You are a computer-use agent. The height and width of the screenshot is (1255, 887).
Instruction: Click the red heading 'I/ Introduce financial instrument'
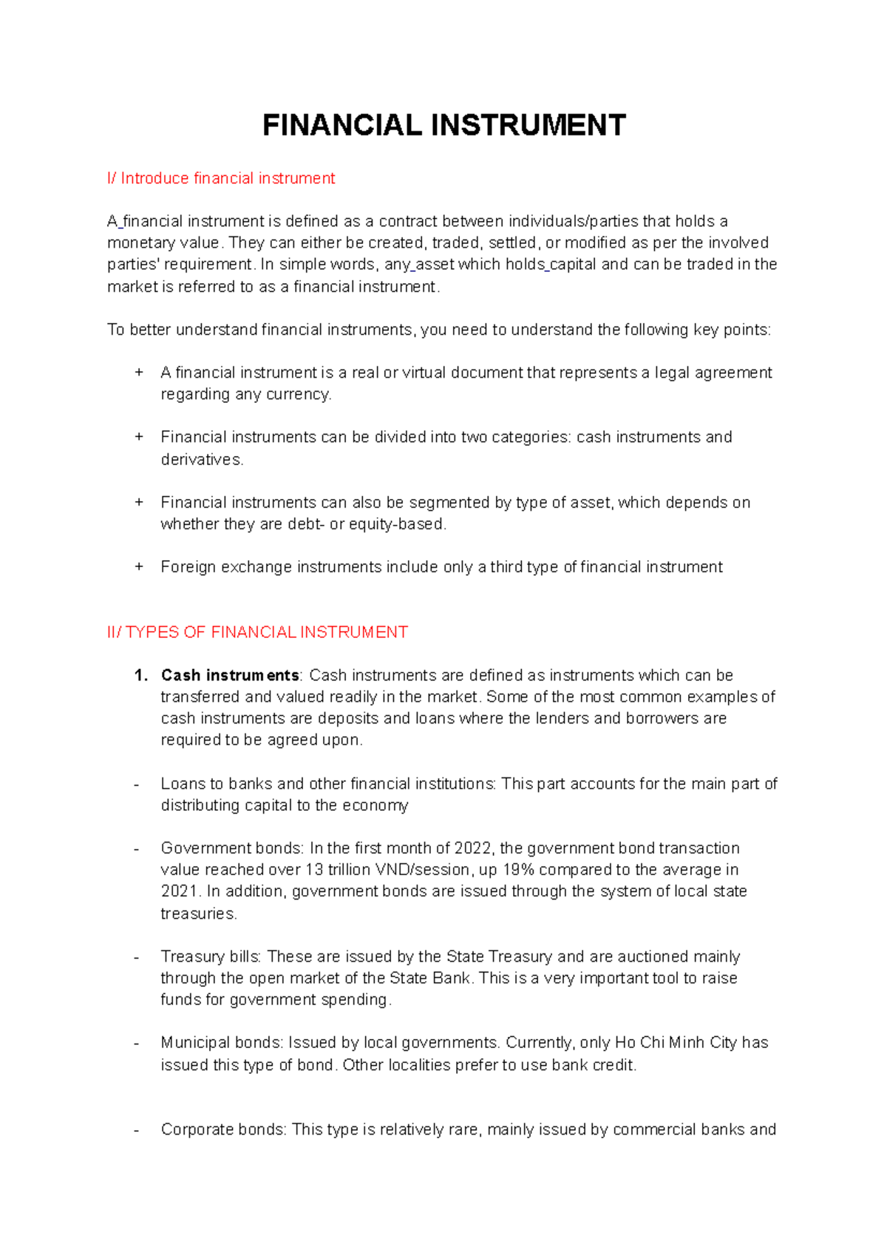pyautogui.click(x=221, y=178)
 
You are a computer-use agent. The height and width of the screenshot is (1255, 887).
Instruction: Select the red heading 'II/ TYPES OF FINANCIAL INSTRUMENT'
pyautogui.click(x=257, y=632)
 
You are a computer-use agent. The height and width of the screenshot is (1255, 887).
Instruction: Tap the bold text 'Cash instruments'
pyautogui.click(x=230, y=676)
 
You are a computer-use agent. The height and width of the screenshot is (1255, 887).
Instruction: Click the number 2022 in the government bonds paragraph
pyautogui.click(x=472, y=848)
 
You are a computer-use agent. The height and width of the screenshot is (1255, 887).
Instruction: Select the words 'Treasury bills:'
pyautogui.click(x=211, y=956)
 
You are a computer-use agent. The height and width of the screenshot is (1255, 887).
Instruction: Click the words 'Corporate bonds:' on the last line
pyautogui.click(x=223, y=1129)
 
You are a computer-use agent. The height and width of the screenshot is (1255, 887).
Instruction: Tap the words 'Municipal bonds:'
pyautogui.click(x=222, y=1042)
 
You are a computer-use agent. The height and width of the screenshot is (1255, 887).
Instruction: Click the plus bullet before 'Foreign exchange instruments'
pyautogui.click(x=138, y=567)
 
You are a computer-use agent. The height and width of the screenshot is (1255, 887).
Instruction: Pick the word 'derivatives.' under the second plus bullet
pyautogui.click(x=202, y=459)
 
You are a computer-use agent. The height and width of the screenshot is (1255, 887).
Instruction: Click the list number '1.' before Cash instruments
pyautogui.click(x=141, y=676)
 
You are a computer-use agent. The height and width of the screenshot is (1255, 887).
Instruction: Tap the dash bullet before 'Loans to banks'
pyautogui.click(x=137, y=783)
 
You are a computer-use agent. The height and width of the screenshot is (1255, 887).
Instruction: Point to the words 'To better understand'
pyautogui.click(x=182, y=330)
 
